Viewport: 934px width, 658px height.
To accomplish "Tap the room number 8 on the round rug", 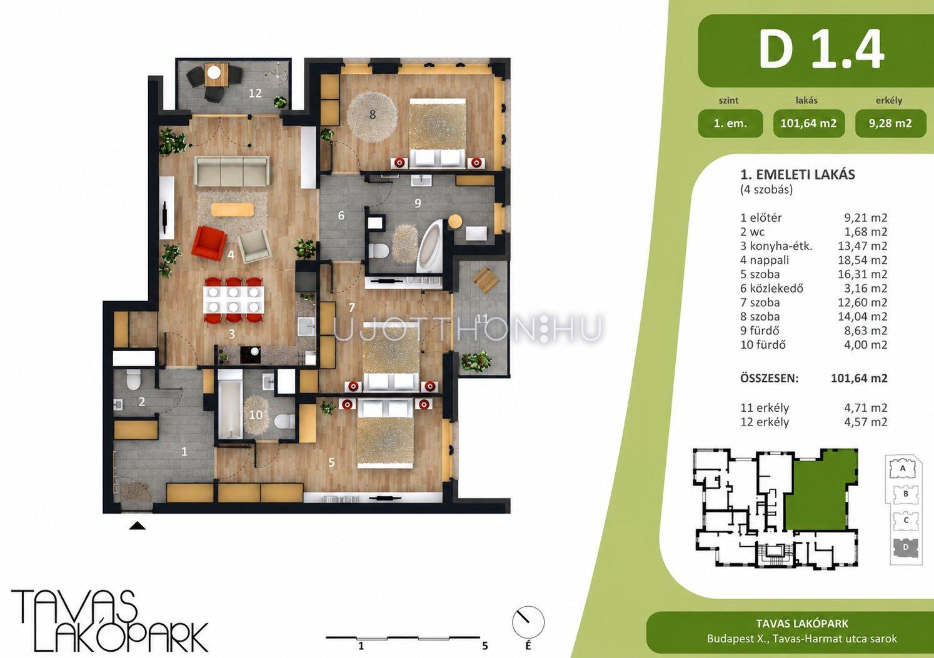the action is pos(373,114).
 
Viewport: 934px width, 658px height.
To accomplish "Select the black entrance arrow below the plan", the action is pos(138,526).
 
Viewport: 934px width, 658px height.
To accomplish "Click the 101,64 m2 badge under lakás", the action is pos(808,123).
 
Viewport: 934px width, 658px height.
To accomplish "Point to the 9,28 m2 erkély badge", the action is pos(891,123).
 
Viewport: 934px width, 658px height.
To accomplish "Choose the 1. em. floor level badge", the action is pos(731,123).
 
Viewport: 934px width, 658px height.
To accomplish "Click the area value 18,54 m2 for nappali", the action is pos(863,260).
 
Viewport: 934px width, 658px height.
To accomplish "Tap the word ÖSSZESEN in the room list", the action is pos(770,379).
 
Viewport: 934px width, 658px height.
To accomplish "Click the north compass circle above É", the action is pos(528,622).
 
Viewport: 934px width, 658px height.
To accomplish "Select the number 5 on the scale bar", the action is pos(485,646).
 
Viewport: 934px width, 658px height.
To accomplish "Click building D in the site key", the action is pos(905,547).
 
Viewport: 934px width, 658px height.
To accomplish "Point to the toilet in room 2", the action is pos(134,380).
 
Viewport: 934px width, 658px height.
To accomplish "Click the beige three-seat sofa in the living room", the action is pos(232,171).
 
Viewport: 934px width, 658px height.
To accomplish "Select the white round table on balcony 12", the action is pos(214,73).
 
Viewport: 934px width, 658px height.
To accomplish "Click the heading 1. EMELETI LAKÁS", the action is pos(798,174).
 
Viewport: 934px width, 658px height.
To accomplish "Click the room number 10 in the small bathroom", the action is pos(256,415).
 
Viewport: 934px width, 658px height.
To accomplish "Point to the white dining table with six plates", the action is pos(234,299).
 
